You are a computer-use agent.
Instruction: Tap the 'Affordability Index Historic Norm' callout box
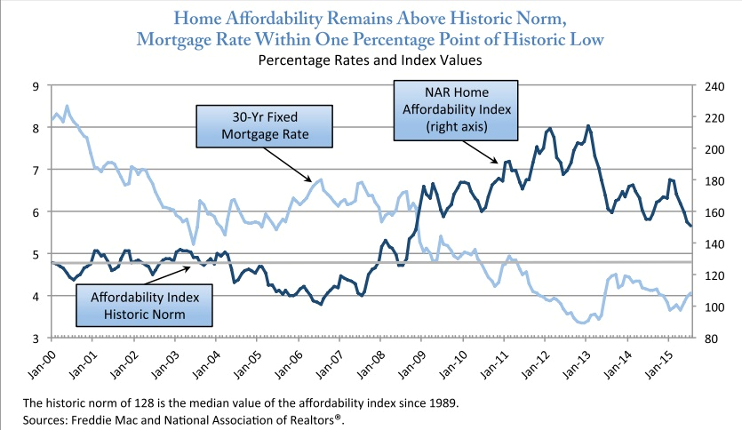click(x=143, y=305)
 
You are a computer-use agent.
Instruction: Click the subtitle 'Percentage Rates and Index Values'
click(x=370, y=61)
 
